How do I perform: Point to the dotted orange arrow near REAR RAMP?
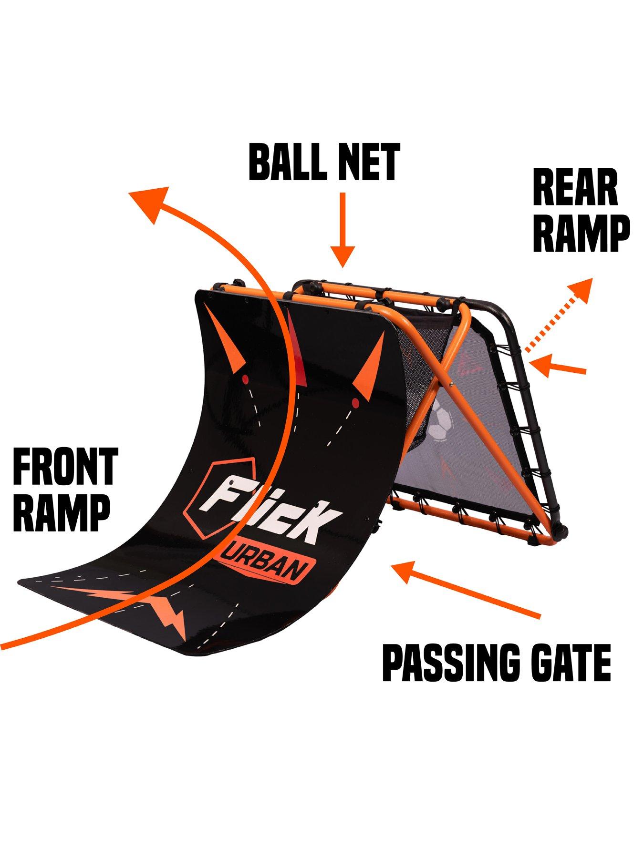(x=558, y=317)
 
